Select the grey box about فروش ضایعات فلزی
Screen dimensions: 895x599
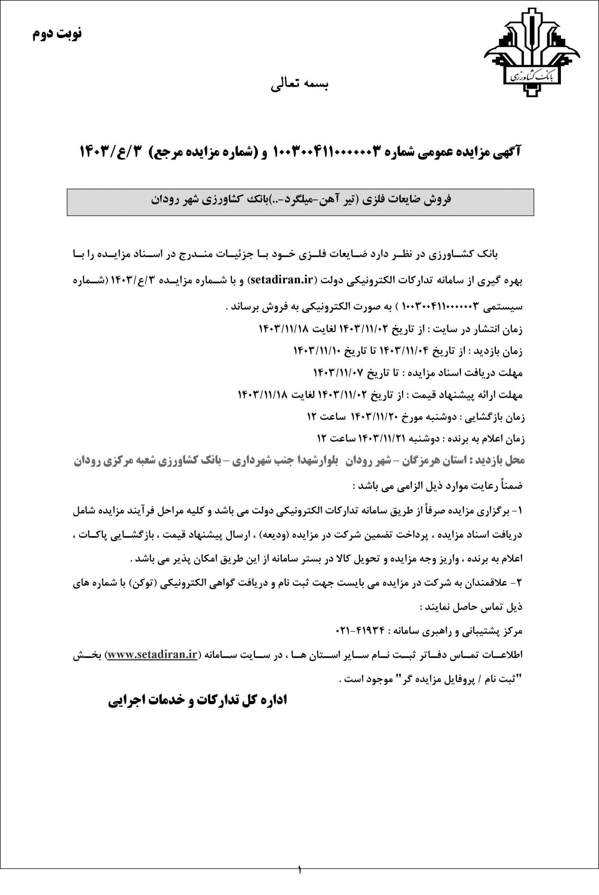(300, 202)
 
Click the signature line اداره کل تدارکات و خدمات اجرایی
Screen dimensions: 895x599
(197, 700)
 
